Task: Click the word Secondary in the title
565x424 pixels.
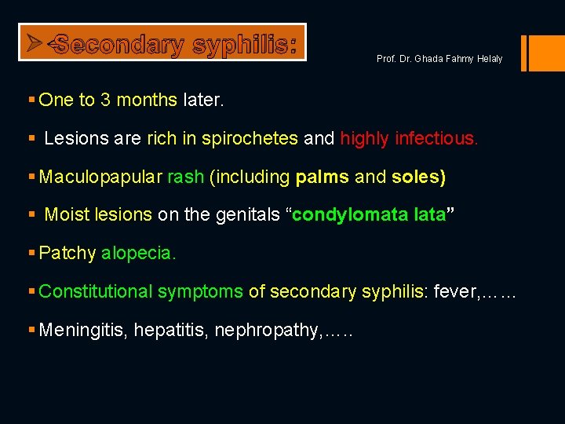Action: (118, 45)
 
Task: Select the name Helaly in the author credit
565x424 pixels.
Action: (487, 59)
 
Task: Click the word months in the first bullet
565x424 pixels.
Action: (147, 100)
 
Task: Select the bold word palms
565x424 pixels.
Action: (323, 177)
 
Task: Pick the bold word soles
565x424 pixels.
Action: (418, 177)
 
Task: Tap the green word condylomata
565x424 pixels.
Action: (348, 215)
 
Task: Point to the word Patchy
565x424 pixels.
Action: (67, 253)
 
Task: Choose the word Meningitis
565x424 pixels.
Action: (83, 330)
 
